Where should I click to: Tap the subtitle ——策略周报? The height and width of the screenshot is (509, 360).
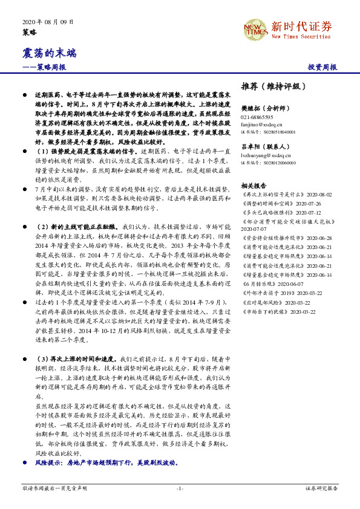[44, 67]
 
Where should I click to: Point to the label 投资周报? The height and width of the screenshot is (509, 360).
[322, 67]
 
